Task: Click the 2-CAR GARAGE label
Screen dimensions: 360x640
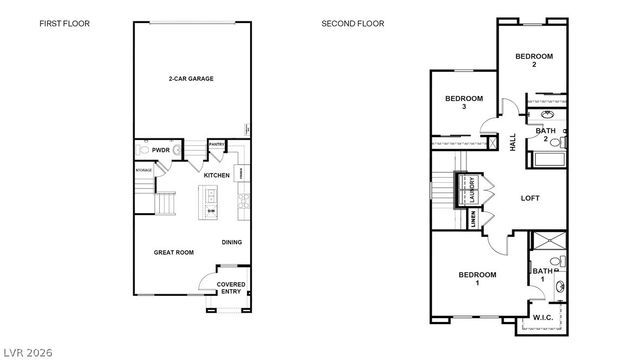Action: click(190, 78)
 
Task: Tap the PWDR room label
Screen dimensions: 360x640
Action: click(160, 150)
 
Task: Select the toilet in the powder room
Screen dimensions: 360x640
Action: click(144, 150)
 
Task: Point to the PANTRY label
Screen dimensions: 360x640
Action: click(217, 145)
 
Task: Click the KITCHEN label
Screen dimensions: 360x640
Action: click(217, 175)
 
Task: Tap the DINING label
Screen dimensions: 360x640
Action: click(231, 241)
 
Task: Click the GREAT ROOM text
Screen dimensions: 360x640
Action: click(173, 253)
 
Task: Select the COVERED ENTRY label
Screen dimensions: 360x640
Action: click(231, 289)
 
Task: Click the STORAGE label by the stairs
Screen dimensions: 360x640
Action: click(144, 170)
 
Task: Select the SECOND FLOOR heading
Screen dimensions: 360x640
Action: click(352, 23)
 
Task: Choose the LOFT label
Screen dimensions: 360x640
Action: click(530, 198)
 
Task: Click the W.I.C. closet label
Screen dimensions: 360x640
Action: click(543, 318)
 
